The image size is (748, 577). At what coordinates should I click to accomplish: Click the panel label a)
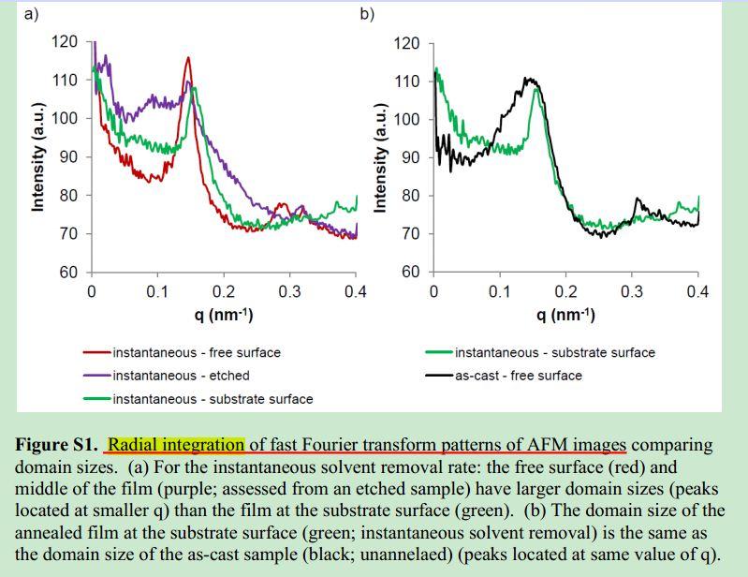tap(30, 13)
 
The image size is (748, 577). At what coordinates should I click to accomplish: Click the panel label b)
tap(367, 13)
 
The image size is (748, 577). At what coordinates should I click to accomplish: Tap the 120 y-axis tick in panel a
tap(65, 41)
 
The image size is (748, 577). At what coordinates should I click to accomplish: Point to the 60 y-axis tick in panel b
tap(410, 273)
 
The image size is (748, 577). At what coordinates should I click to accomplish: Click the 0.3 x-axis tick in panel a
tap(289, 291)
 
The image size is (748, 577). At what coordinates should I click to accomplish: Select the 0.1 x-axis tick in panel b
tap(499, 291)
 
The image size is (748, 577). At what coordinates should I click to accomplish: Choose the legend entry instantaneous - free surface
tap(196, 353)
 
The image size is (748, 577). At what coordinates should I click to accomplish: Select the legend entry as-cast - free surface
tap(518, 376)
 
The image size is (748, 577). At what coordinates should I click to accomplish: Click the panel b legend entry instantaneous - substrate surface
tap(554, 353)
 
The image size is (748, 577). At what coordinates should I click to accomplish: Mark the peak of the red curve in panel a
tap(188, 58)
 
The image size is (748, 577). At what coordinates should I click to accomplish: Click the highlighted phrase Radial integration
tap(175, 444)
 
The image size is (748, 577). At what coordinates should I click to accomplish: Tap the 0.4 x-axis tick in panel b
tap(697, 291)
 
